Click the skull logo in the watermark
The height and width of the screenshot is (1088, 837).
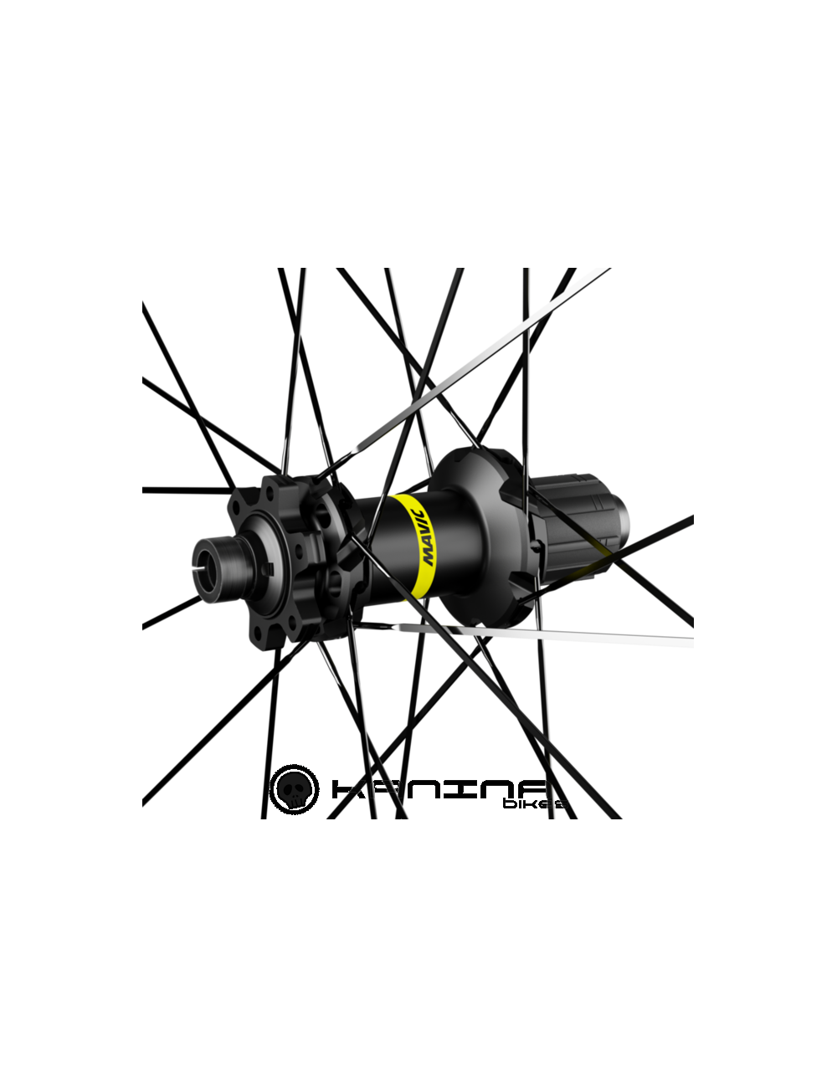[x=299, y=788]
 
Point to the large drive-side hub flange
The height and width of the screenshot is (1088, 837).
[x=485, y=536]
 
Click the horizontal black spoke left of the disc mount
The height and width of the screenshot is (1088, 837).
[x=184, y=488]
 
